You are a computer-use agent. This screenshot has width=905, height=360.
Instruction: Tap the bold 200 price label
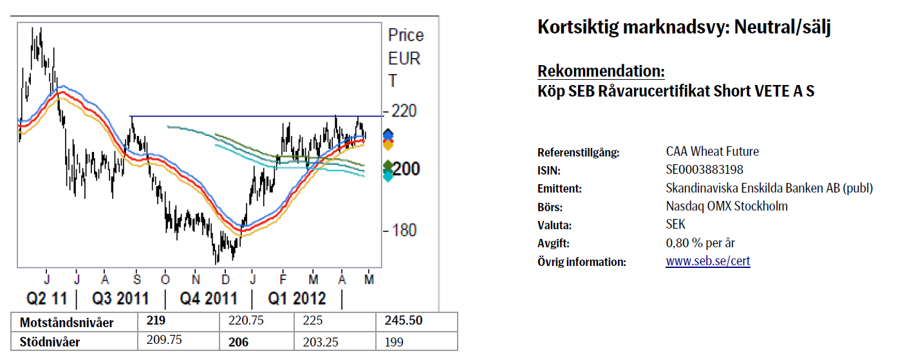[x=407, y=169]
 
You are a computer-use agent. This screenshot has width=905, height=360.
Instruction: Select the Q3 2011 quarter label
[x=120, y=299]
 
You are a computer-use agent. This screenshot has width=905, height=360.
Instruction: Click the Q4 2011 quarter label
[x=208, y=299]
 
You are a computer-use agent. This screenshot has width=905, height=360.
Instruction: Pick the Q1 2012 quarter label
[x=297, y=299]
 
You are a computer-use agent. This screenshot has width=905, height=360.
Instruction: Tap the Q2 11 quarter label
[x=46, y=299]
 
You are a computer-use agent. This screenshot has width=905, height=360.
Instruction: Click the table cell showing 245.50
[x=404, y=321]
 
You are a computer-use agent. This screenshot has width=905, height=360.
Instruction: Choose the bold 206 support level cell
[x=239, y=342]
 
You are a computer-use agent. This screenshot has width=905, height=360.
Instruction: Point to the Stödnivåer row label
[x=50, y=342]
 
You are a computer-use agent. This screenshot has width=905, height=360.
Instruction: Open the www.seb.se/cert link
[x=708, y=261]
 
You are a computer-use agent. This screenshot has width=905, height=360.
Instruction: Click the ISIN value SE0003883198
[x=705, y=170]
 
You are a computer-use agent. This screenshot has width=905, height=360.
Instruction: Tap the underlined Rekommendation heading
[x=601, y=71]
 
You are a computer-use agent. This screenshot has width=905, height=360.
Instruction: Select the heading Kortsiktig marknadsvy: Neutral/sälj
[x=684, y=28]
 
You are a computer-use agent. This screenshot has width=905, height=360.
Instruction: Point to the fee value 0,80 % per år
[x=700, y=243]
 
